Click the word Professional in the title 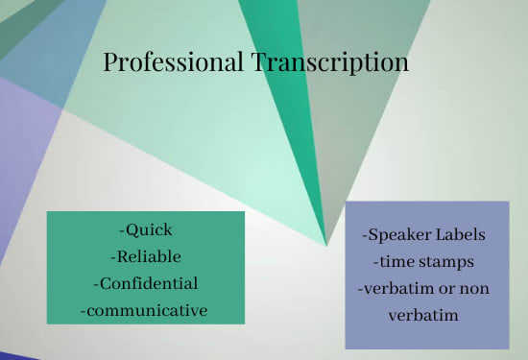pyautogui.click(x=174, y=63)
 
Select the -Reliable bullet pyautogui.click(x=146, y=256)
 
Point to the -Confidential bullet pyautogui.click(x=146, y=283)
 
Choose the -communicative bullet pyautogui.click(x=145, y=310)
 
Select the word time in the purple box pyautogui.click(x=394, y=262)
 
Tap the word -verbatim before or pyautogui.click(x=399, y=289)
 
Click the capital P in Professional pyautogui.click(x=110, y=63)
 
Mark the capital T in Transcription pyautogui.click(x=260, y=63)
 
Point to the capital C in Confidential pyautogui.click(x=105, y=283)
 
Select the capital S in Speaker pyautogui.click(x=372, y=235)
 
